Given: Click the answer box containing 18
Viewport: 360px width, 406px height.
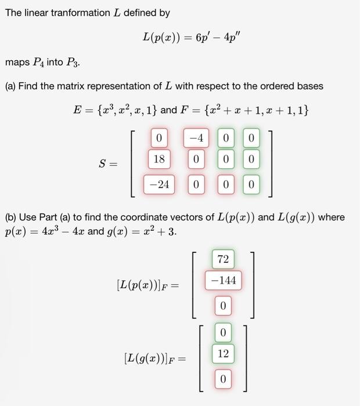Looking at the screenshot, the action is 159,159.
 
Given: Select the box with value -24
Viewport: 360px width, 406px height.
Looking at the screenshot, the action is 159,184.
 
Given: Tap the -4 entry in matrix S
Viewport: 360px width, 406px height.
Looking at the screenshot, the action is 196,139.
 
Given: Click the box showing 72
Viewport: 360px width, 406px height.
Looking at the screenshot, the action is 223,259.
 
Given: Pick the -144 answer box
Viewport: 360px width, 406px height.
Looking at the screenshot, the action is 223,281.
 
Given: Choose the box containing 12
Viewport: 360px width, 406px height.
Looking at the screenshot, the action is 223,353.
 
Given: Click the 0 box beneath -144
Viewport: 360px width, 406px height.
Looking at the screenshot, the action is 223,305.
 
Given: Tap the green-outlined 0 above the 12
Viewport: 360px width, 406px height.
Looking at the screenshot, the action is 223,332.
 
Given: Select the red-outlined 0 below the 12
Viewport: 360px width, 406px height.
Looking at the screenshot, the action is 223,379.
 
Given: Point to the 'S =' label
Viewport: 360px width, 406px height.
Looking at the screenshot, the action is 107,164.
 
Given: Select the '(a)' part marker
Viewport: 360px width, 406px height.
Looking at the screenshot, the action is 10,86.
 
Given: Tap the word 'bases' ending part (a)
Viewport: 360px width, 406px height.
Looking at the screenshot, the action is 310,86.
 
